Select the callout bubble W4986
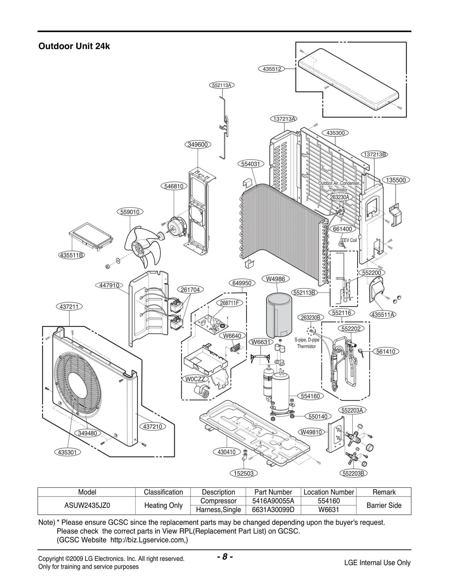(275, 279)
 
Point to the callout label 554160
(310, 396)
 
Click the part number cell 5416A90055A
(273, 501)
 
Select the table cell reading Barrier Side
(384, 505)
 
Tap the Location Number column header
(329, 492)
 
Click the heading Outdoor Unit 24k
(74, 46)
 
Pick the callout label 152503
(244, 474)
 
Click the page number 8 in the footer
(224, 557)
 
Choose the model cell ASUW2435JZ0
(87, 505)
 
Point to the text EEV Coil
(349, 240)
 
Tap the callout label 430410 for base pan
(226, 452)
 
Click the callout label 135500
(396, 180)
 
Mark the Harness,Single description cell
(218, 510)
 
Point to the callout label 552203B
(353, 474)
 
